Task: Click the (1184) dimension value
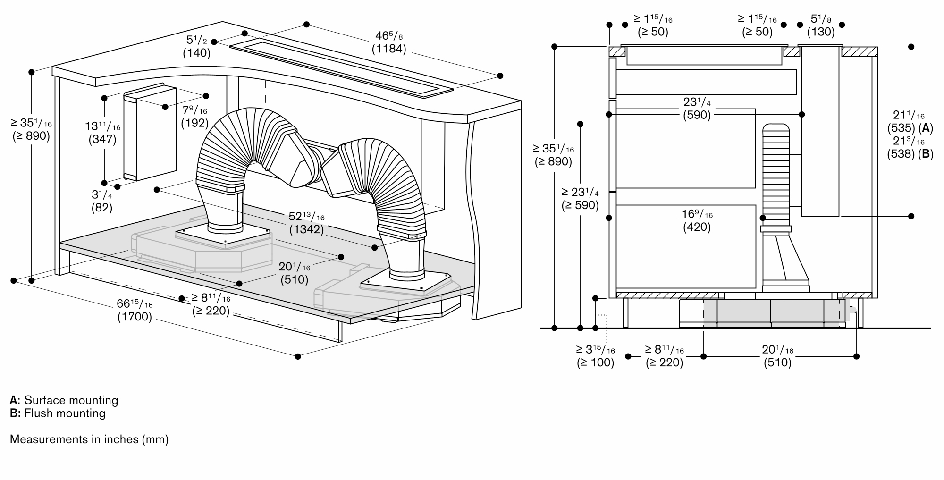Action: point(389,48)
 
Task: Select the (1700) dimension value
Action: point(135,317)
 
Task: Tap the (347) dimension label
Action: point(102,139)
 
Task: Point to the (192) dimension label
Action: point(194,123)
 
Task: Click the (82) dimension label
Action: point(101,207)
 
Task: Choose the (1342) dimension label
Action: point(306,229)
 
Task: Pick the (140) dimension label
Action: point(197,52)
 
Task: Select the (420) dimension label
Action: point(697,227)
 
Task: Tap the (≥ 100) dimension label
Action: point(595,362)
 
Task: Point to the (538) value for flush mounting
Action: point(901,153)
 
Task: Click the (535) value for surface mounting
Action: point(901,127)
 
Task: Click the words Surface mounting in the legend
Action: point(71,400)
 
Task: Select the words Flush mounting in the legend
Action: point(65,413)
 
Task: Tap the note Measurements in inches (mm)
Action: point(89,439)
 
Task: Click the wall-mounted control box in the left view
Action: point(150,132)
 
